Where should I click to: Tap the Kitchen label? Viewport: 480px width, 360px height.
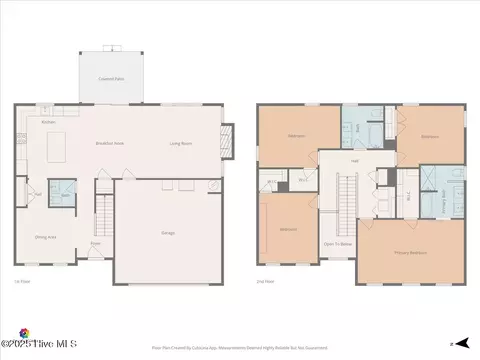tap(48, 123)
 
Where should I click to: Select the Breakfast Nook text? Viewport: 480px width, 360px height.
tap(109, 143)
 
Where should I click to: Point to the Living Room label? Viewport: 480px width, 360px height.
tap(180, 143)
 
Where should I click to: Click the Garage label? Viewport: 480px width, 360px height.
tap(168, 233)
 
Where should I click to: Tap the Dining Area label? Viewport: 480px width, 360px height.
tap(46, 236)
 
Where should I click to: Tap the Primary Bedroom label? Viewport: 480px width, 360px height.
tap(410, 252)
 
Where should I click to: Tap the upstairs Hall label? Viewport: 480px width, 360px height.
tap(353, 161)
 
